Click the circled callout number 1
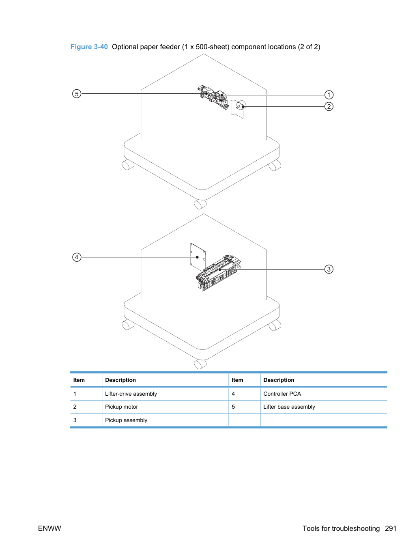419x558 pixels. click(x=329, y=95)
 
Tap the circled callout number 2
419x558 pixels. click(x=329, y=106)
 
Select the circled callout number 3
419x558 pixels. click(x=329, y=269)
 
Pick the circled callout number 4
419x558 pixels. click(x=77, y=257)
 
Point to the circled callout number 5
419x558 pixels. click(x=77, y=94)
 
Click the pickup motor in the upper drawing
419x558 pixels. click(x=241, y=106)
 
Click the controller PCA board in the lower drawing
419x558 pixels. click(x=198, y=257)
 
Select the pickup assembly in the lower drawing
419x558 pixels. click(x=218, y=273)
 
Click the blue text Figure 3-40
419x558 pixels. click(x=89, y=47)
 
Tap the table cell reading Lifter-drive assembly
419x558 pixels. click(x=131, y=394)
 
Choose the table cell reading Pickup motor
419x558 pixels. click(x=121, y=407)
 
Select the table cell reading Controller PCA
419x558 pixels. click(x=282, y=394)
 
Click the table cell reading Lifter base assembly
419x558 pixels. click(x=289, y=407)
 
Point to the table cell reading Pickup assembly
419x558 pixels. click(x=126, y=420)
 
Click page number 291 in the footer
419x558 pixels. click(x=391, y=528)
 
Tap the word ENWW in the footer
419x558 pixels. click(x=49, y=528)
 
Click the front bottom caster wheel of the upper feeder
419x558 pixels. click(x=200, y=204)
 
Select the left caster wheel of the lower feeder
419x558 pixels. click(x=128, y=325)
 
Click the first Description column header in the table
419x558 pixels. click(x=120, y=380)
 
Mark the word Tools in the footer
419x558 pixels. click(x=311, y=528)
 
